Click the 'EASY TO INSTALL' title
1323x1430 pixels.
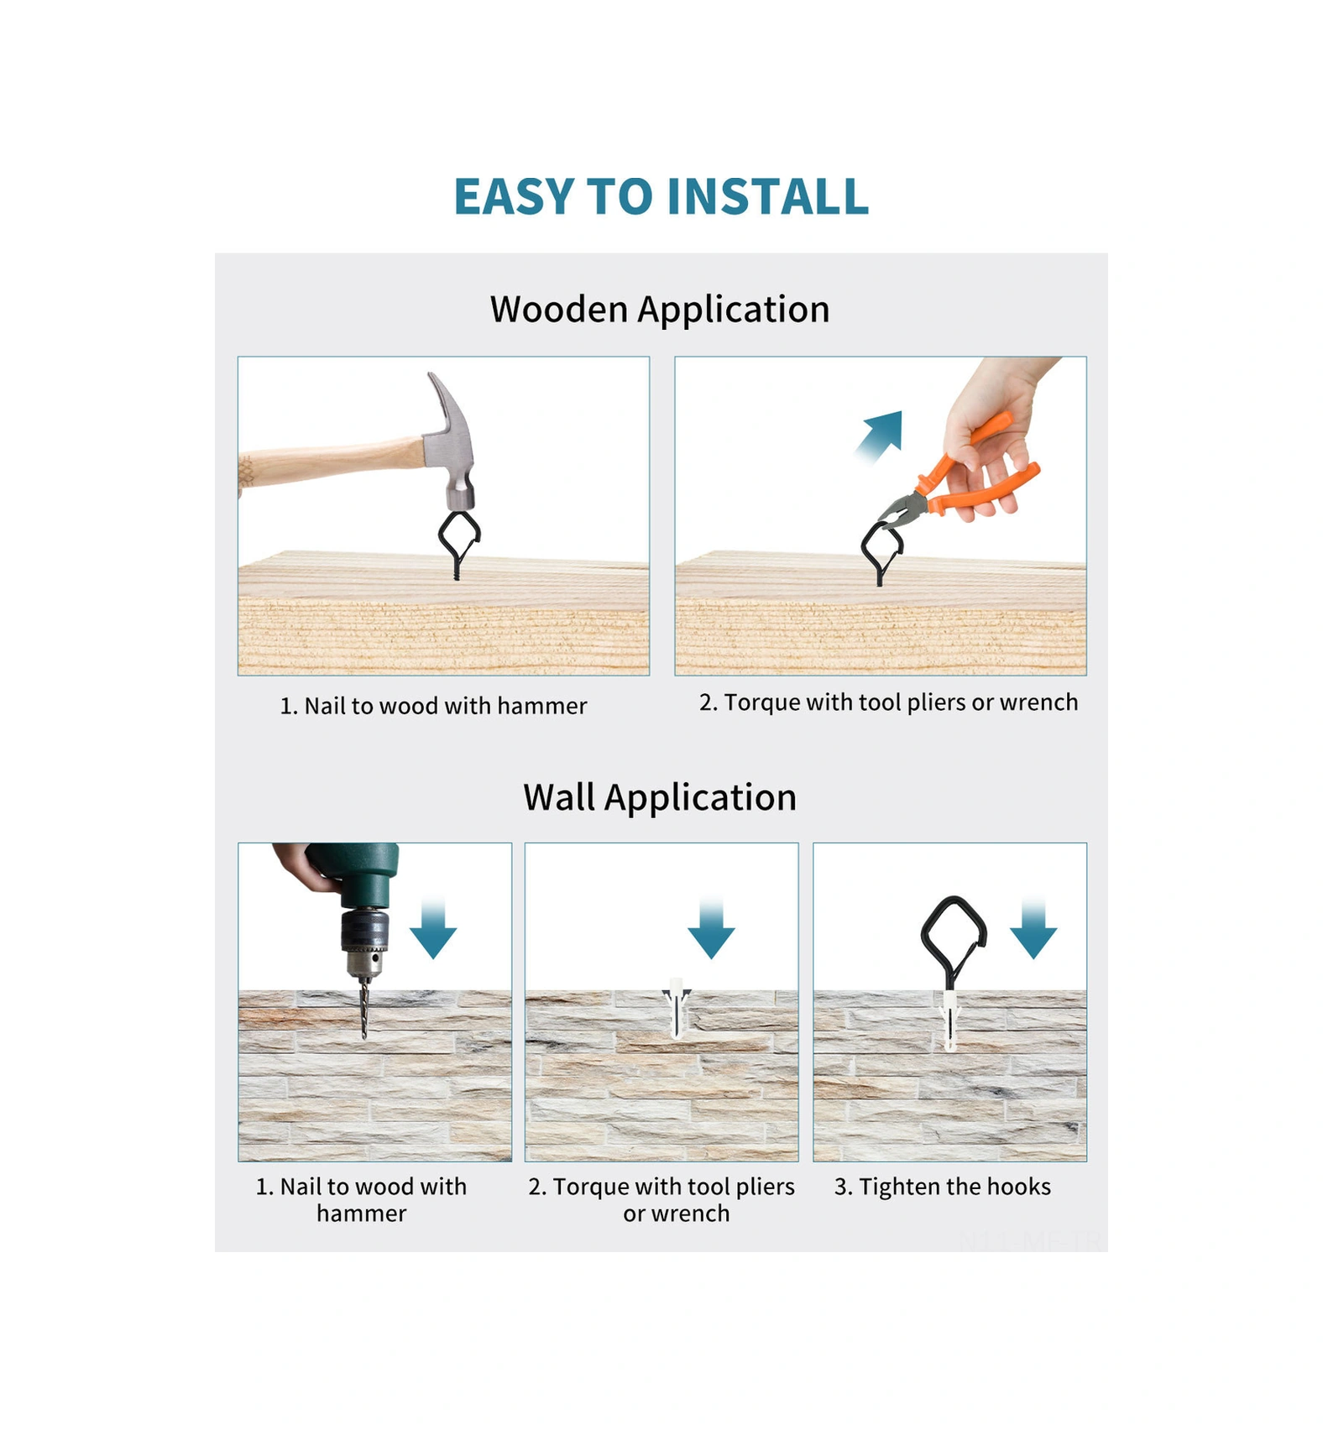[x=661, y=196]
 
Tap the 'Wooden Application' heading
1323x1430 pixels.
[x=660, y=310]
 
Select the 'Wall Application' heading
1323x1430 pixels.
[x=660, y=797]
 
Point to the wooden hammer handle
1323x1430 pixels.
[x=331, y=462]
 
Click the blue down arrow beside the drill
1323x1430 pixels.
[x=433, y=928]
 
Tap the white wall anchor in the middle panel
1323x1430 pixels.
[x=677, y=1007]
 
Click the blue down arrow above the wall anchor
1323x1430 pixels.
[x=711, y=928]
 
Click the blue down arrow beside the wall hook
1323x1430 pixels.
[x=1033, y=928]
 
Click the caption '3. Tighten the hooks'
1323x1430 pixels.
[x=942, y=1187]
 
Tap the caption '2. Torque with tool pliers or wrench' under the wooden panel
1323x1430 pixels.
[x=888, y=702]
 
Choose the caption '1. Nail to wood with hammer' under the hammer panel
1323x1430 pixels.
[x=433, y=706]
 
